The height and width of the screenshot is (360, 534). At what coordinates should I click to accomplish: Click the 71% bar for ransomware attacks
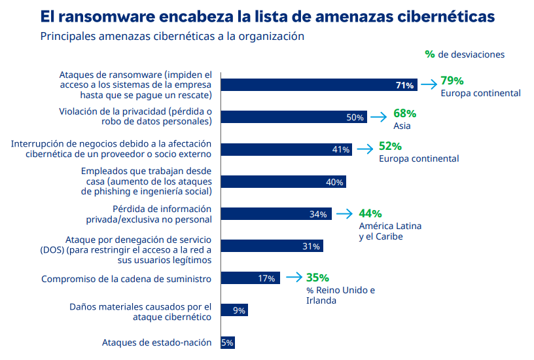[x=319, y=85]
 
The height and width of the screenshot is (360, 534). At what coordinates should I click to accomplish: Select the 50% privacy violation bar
[x=294, y=117]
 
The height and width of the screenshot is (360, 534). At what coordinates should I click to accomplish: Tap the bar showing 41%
[x=287, y=149]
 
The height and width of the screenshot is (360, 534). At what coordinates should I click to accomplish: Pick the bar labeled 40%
[x=283, y=181]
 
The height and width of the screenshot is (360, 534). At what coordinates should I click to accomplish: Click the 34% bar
[x=276, y=213]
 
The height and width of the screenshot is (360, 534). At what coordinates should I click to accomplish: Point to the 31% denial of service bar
[x=272, y=246]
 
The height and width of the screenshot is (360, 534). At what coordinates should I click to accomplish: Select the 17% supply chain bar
[x=250, y=278]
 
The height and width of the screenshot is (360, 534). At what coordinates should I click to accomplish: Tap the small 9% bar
[x=234, y=310]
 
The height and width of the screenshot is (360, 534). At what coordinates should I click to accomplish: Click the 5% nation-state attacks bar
[x=228, y=342]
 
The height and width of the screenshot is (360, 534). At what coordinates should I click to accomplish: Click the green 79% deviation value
[x=452, y=81]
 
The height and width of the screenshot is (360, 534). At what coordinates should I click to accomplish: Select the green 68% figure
[x=404, y=113]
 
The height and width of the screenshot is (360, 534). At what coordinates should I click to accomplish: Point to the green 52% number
[x=390, y=146]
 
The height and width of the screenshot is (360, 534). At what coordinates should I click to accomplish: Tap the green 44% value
[x=370, y=213]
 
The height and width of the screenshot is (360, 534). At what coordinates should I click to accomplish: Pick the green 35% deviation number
[x=317, y=278]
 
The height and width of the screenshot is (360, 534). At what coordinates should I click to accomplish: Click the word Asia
[x=402, y=126]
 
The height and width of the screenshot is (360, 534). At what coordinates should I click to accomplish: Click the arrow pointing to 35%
[x=294, y=278]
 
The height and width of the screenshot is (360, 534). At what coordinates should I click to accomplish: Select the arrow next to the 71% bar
[x=429, y=84]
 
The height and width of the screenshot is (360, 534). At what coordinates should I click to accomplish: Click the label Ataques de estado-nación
[x=156, y=342]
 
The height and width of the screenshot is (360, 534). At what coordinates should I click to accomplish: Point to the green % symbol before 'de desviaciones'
[x=430, y=54]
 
